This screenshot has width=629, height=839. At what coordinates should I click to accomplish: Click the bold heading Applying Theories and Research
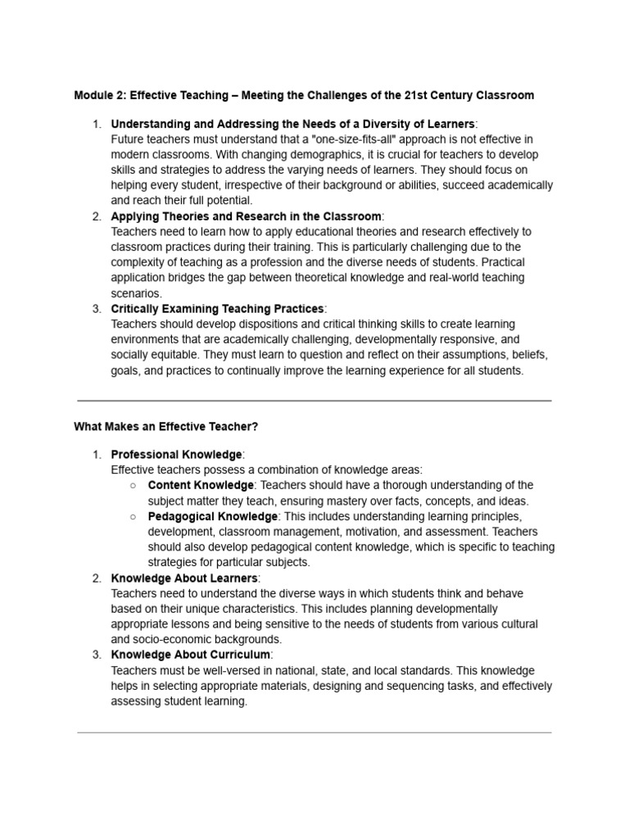(246, 216)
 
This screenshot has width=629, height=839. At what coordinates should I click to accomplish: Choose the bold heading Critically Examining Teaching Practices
(218, 309)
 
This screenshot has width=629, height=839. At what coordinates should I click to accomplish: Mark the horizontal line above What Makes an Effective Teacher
(314, 401)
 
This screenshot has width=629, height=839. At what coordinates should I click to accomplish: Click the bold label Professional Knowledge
(176, 454)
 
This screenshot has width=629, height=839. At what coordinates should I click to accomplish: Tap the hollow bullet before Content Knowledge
(133, 485)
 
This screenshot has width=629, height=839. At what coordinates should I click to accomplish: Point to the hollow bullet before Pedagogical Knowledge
(133, 516)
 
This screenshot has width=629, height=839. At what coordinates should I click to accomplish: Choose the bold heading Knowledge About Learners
(184, 578)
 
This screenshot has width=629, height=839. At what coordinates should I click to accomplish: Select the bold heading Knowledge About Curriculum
(190, 655)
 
